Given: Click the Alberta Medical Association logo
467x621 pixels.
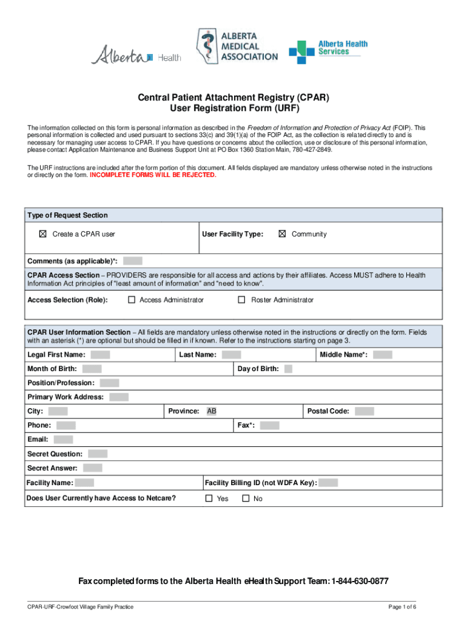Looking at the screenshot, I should pos(236,46).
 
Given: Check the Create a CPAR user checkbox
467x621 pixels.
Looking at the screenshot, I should pos(42,234).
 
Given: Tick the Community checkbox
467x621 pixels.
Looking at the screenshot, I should pos(281,234).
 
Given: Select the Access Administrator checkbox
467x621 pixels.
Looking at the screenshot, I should pos(131,300).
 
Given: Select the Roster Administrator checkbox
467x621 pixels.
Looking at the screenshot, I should pos(241,300).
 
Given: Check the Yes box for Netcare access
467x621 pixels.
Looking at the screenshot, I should pos(209,498).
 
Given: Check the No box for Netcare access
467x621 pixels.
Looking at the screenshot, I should pos(246,498).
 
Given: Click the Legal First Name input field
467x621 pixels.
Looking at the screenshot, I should pos(100,355).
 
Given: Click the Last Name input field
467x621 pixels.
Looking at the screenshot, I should pos(231,355).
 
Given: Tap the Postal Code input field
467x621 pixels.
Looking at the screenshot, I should pos(364,411).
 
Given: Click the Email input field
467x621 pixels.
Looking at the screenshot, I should pos(63,440).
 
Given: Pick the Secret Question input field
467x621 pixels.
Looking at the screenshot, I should pos(98,454).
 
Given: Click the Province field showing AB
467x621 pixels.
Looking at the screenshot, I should pos(212,411).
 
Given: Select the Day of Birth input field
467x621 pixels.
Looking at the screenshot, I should pos(288,369).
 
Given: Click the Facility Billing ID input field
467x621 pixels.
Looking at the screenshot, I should pos(328,483).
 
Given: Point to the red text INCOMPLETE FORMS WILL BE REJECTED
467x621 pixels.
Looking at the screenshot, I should pos(152,175).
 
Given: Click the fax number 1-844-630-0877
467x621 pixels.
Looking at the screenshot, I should pos(360,582).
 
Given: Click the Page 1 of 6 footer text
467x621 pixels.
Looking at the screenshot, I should pos(402,607).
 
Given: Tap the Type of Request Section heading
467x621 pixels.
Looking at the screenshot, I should pos(67,215).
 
